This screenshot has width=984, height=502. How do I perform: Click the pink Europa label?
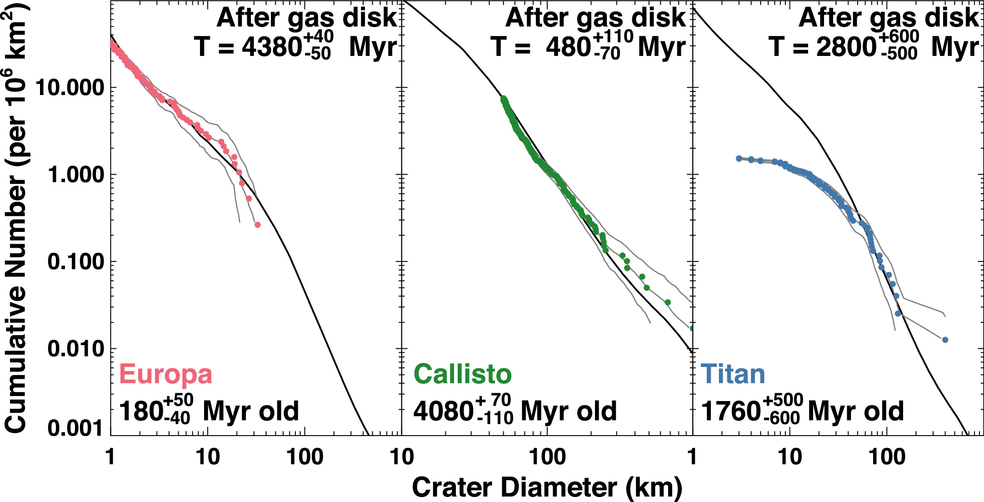pos(165,374)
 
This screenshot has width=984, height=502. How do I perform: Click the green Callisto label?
pos(462,374)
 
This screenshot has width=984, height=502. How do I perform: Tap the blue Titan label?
pos(733,374)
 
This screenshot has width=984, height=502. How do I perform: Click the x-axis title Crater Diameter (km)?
pos(547,487)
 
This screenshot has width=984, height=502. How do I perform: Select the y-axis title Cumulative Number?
pos(16,218)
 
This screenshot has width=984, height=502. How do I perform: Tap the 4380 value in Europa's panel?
pos(272,46)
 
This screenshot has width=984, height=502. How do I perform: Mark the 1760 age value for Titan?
pos(731,411)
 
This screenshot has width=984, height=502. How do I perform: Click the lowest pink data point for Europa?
pos(257,225)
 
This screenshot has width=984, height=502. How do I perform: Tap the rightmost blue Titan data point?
pos(945,340)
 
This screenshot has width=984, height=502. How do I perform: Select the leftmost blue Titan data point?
pos(739,158)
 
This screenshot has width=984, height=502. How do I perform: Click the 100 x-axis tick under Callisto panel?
pos(547,457)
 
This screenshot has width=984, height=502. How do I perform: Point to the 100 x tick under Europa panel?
pos(305,457)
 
